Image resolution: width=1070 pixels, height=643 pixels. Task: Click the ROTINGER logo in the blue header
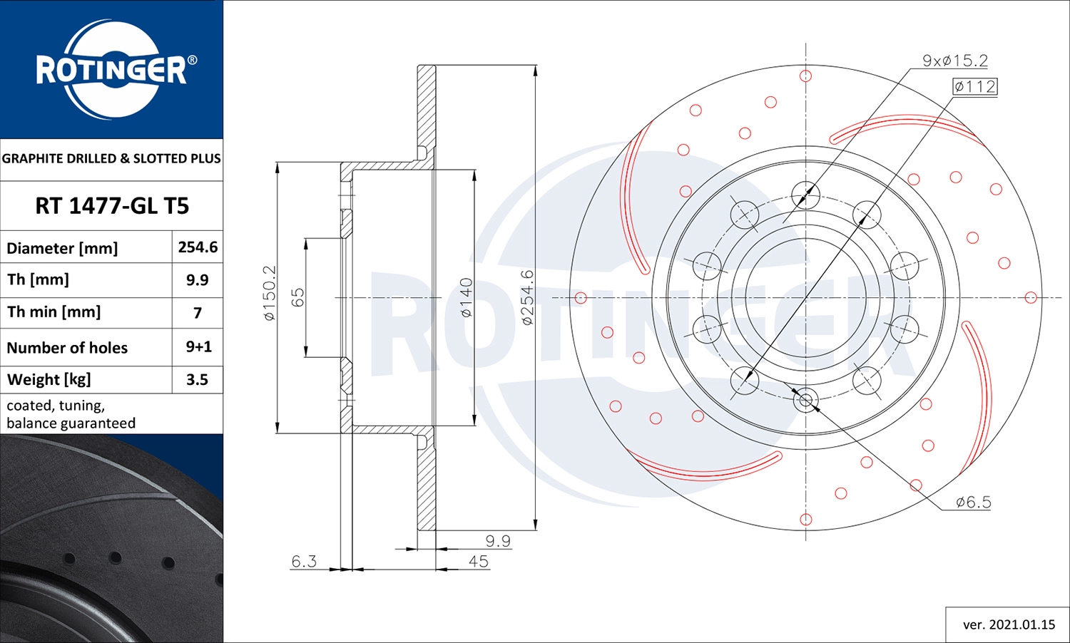pos(112,70)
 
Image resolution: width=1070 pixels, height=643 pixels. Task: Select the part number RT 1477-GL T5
pos(112,206)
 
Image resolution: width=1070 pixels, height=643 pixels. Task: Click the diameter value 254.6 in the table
pos(198,247)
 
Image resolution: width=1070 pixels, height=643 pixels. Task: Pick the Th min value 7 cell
pos(198,313)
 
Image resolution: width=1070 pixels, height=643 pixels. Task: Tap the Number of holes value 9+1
pos(198,347)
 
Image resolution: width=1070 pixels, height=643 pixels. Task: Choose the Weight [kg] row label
pos(49,379)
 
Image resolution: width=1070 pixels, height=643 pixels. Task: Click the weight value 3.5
pos(197,379)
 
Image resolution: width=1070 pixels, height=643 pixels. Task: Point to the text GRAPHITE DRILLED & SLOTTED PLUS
pos(111,158)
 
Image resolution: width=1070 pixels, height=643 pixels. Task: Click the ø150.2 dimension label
pos(269,293)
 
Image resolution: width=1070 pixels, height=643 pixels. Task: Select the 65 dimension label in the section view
pos(298,297)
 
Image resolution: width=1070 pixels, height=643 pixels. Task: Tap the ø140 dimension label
pos(466,297)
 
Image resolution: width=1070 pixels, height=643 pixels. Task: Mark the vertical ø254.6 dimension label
pos(527,297)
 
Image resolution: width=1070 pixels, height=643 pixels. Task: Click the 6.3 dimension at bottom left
pos(304,561)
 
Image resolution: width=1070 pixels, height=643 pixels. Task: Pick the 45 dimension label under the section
pos(478,561)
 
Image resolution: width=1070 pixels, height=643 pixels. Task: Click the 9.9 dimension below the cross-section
pos(497,540)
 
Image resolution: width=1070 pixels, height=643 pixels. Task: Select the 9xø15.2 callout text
pos(954,61)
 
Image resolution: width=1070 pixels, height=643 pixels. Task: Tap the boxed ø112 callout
pos(974,86)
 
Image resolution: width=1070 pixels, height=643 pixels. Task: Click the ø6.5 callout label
pos(973,502)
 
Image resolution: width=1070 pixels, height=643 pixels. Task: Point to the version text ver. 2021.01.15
pos(1008,624)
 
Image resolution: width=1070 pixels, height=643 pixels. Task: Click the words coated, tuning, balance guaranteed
pos(71,414)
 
